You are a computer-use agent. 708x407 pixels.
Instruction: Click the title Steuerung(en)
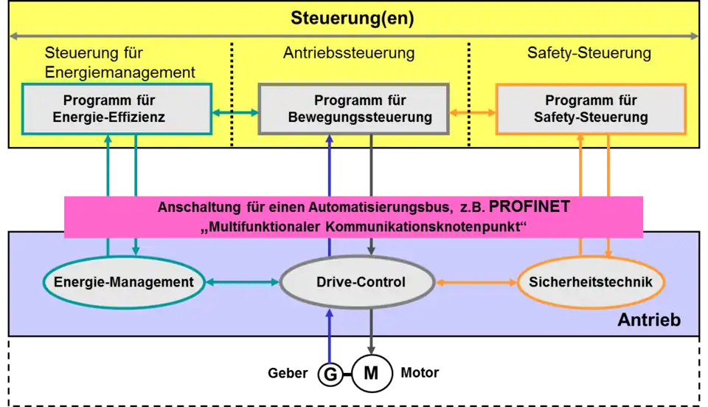pos(352,18)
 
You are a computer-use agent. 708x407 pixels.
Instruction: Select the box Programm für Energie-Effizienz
pos(117,109)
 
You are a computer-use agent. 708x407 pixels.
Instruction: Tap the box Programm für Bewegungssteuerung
pos(353,109)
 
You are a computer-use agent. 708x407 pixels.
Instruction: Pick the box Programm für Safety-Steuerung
pos(590,109)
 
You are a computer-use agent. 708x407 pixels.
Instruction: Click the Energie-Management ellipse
pos(123,281)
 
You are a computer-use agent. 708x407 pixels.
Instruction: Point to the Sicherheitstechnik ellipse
pos(591,281)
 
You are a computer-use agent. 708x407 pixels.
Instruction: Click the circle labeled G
pos(330,374)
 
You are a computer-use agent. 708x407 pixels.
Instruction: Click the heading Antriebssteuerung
pos(349,53)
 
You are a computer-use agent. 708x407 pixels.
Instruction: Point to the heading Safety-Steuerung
pos(589,53)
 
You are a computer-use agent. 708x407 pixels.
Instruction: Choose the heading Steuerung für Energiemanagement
pos(119,63)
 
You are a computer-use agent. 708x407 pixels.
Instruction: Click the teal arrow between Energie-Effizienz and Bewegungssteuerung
pos(235,113)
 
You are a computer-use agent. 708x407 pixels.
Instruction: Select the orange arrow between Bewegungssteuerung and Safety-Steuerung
pos(472,113)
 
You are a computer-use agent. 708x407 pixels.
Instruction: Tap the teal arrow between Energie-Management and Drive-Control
pos(242,282)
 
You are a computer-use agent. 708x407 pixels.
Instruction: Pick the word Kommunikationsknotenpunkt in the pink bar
pos(430,225)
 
